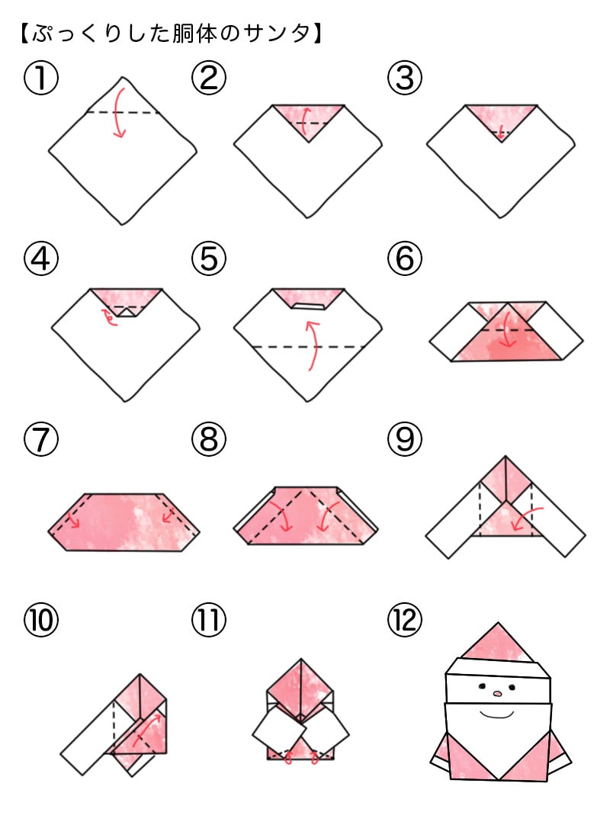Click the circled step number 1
point(41,78)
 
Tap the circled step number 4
point(41,260)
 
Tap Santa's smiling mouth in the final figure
point(497,714)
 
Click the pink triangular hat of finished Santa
point(499,644)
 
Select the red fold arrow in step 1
point(118,114)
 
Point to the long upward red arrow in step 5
point(311,345)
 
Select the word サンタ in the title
point(283,34)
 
